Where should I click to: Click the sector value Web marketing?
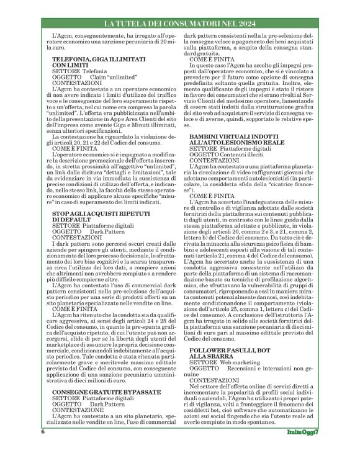[x=238, y=361]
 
